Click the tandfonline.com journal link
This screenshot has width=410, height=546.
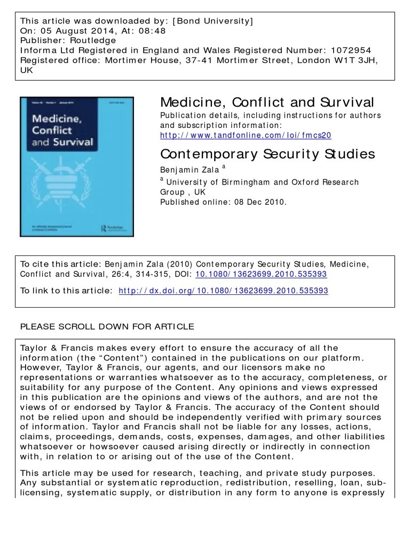coord(246,136)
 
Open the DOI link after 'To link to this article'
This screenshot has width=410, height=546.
coord(223,291)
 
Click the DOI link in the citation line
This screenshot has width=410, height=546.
coord(261,274)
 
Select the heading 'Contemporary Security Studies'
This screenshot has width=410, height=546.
coord(267,154)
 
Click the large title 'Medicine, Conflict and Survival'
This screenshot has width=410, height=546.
coord(267,102)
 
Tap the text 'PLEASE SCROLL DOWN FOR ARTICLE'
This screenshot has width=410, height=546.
coord(107,326)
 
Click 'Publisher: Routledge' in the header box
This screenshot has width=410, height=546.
coord(68,41)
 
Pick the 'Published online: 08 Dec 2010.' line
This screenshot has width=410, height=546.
coord(223,202)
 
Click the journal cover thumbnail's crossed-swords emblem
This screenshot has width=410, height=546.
coord(77,181)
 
